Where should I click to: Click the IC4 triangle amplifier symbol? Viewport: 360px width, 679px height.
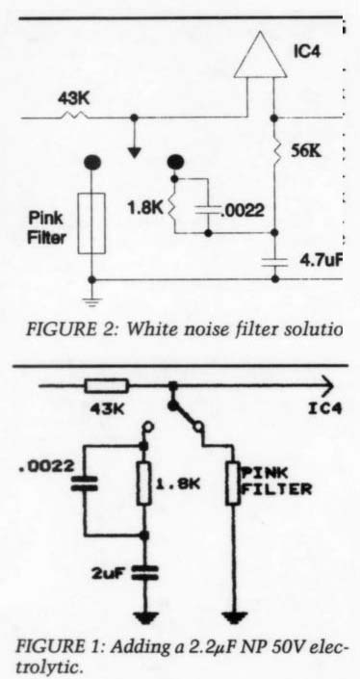pos(261,55)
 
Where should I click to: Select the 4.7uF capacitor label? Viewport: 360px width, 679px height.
pos(320,261)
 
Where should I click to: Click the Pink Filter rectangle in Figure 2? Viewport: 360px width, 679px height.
pos(91,223)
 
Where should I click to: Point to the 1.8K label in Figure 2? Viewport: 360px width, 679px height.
pos(145,210)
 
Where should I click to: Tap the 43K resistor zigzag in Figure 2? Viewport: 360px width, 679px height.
pos(74,116)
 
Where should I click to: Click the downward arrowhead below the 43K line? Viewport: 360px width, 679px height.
pos(135,152)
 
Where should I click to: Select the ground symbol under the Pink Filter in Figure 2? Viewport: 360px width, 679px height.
pos(90,301)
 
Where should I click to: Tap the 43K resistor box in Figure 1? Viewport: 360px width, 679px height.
pos(107,386)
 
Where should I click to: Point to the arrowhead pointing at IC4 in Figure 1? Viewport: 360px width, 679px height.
pos(328,385)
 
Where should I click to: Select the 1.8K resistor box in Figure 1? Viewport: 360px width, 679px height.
pos(144,483)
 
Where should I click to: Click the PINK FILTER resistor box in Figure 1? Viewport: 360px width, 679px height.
pos(233,483)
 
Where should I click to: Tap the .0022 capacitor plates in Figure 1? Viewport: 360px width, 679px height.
pos(85,483)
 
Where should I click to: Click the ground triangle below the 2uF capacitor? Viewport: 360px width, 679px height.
pos(144,617)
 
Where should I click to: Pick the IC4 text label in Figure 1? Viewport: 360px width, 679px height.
pos(325,408)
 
